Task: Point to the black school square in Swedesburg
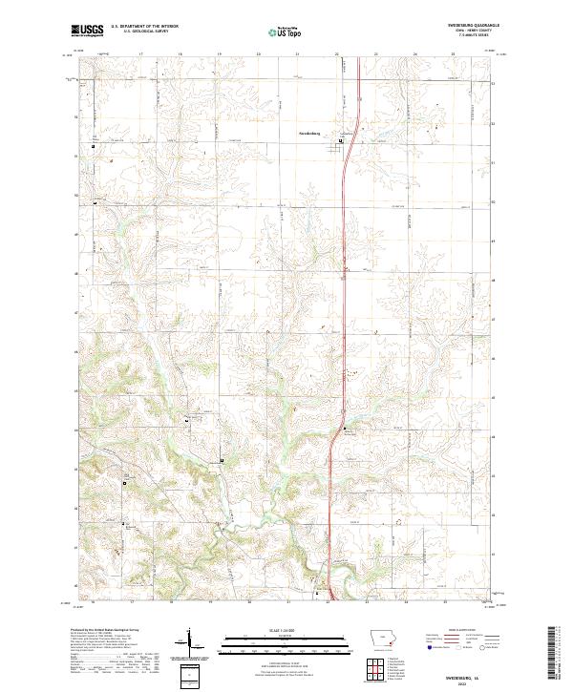[341, 138]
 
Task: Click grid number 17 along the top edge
[141, 54]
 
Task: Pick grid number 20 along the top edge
[260, 54]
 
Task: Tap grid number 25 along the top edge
[454, 54]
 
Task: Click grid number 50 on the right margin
[494, 201]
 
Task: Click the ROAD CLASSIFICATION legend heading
[453, 631]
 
